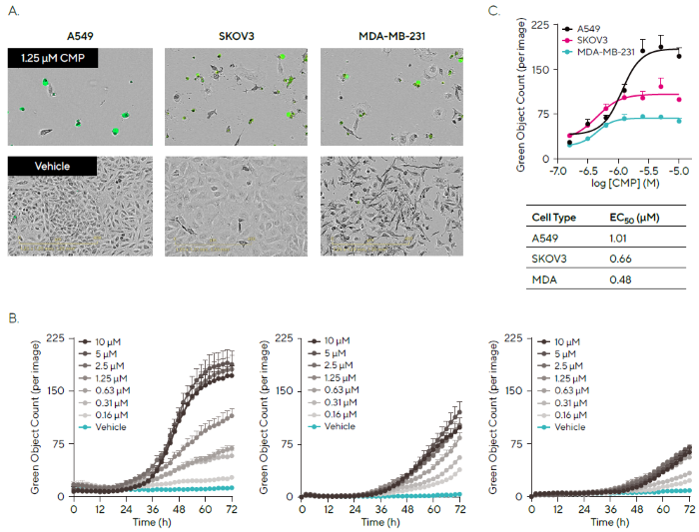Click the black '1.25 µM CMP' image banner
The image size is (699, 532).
[x=52, y=59]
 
